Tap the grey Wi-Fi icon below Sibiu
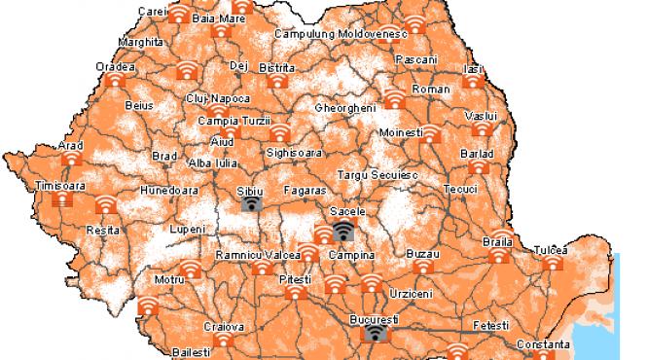click(x=251, y=202)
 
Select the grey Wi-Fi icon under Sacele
click(x=343, y=231)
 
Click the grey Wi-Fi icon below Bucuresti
click(x=375, y=334)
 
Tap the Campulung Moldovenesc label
click(x=340, y=33)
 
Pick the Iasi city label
click(x=473, y=69)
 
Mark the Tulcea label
click(x=551, y=249)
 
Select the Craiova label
click(x=224, y=327)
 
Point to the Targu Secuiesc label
click(x=377, y=174)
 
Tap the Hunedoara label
click(x=169, y=190)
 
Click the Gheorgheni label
click(x=345, y=108)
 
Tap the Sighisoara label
click(x=292, y=153)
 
